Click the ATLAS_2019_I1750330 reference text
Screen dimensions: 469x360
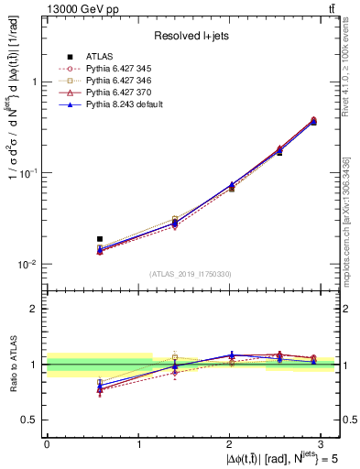click(191, 274)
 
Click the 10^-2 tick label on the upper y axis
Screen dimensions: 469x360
click(28, 264)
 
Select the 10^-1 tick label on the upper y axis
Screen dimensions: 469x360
click(28, 172)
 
